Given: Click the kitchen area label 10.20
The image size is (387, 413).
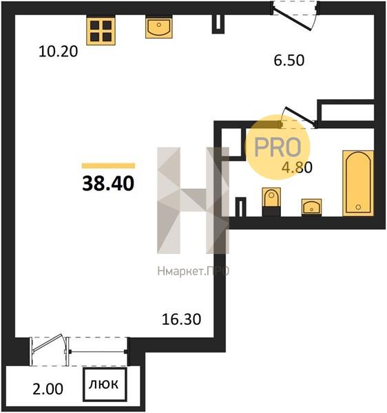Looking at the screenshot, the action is click(x=59, y=52).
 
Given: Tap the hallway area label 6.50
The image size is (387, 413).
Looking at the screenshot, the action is click(x=289, y=61).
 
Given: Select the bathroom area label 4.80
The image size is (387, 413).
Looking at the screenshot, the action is click(x=297, y=167).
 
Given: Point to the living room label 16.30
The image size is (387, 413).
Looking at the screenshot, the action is click(x=181, y=319).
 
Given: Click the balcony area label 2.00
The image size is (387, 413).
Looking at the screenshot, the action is click(x=48, y=389).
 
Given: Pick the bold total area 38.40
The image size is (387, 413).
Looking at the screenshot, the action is click(x=108, y=184).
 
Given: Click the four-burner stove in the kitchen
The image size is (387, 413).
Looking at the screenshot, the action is click(x=101, y=31).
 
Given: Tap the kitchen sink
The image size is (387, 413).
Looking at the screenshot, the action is click(x=159, y=27).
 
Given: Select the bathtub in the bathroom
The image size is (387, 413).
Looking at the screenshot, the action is click(x=358, y=183).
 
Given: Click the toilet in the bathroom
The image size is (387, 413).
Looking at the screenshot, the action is click(x=271, y=202).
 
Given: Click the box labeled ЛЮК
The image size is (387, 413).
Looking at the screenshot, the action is click(x=105, y=385).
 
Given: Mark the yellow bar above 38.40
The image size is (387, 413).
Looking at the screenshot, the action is click(x=108, y=166).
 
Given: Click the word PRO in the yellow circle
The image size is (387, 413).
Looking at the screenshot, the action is click(x=278, y=147).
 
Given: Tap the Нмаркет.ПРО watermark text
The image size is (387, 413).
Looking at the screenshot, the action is click(x=193, y=271).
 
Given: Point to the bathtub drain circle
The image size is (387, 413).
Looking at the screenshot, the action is click(x=358, y=207).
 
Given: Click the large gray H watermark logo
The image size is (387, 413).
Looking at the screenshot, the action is click(x=193, y=200).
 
